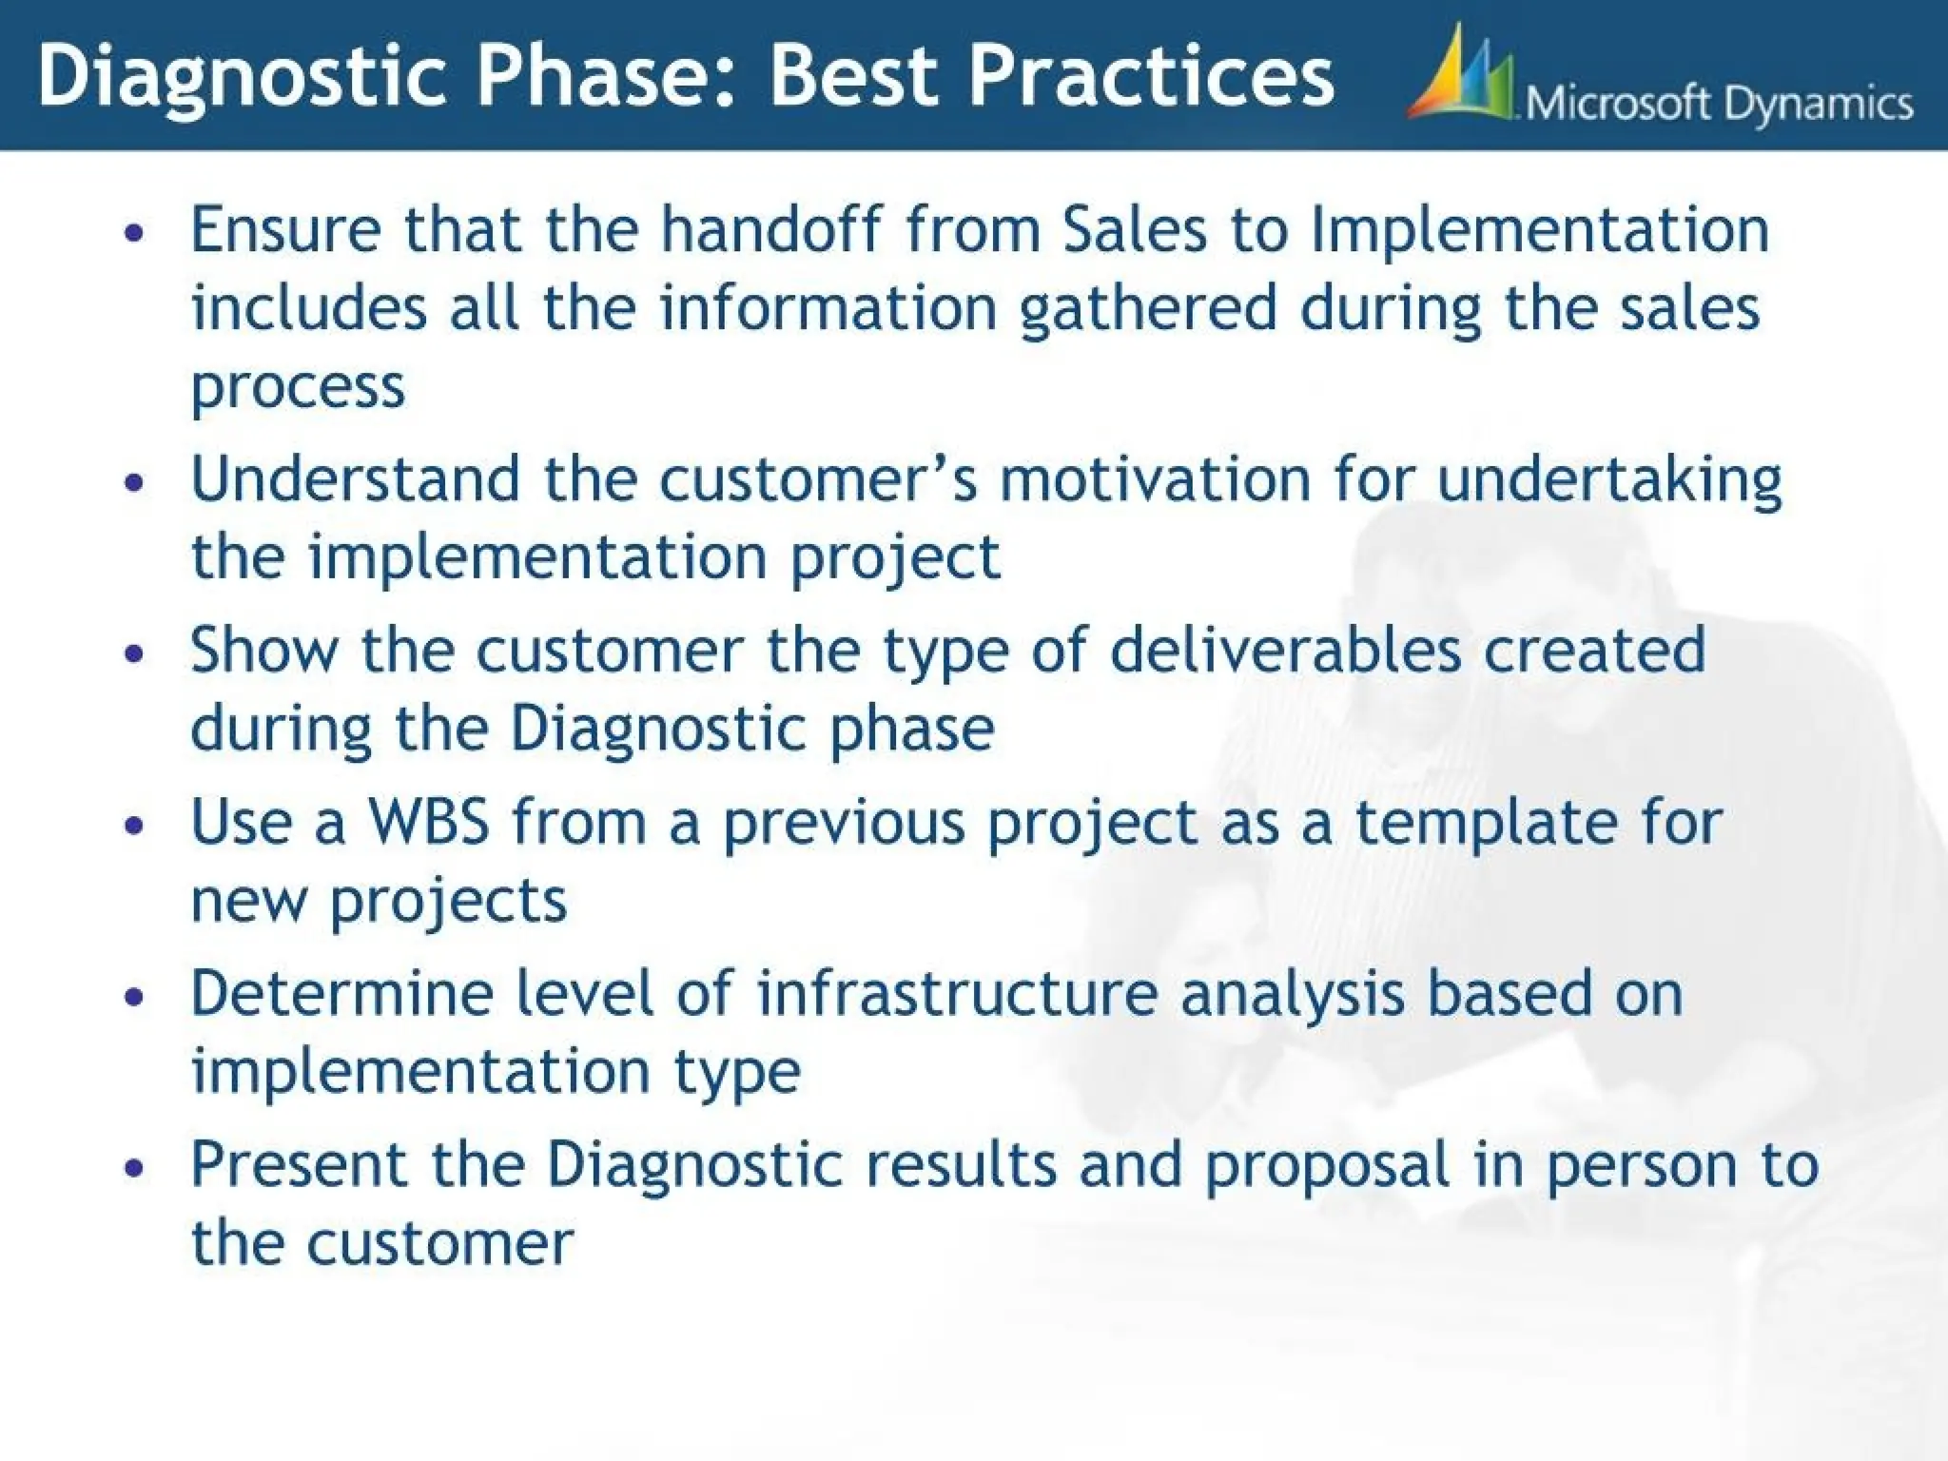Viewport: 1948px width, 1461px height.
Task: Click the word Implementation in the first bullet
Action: (1540, 232)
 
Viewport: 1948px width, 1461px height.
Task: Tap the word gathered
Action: (1147, 309)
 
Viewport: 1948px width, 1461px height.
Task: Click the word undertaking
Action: (1608, 479)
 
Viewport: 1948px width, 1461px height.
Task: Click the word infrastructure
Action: (957, 993)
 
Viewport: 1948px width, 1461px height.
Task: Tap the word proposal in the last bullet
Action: (1327, 1166)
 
